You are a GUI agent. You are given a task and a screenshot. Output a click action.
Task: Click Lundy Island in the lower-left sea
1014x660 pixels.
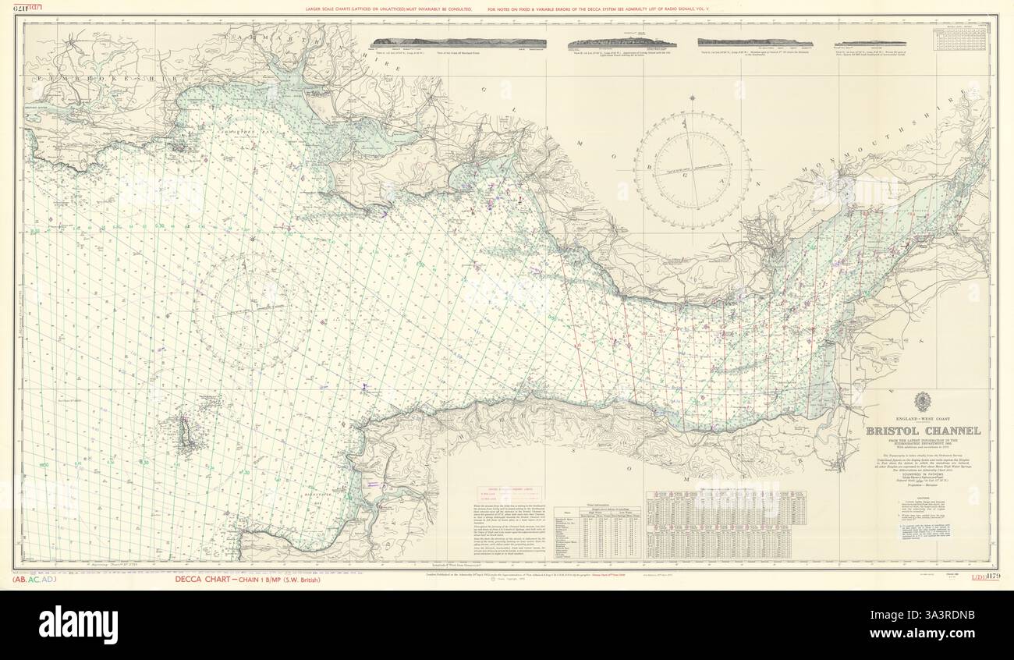186,433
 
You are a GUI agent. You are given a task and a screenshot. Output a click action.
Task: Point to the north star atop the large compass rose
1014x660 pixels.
693,99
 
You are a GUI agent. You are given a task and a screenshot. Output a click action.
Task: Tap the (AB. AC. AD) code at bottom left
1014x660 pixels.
35,580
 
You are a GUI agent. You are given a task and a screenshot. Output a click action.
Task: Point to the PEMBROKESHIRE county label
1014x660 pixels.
86,80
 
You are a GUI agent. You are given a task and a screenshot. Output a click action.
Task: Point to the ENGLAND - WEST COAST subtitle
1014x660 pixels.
921,420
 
